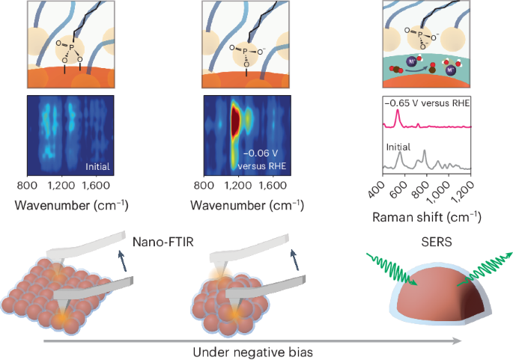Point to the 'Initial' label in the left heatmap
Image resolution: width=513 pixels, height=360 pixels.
(100, 165)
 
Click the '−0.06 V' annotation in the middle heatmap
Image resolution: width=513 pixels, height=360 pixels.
(257, 153)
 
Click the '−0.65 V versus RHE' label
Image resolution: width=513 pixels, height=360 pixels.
(429, 103)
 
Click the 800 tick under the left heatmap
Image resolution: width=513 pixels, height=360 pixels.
(28, 185)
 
